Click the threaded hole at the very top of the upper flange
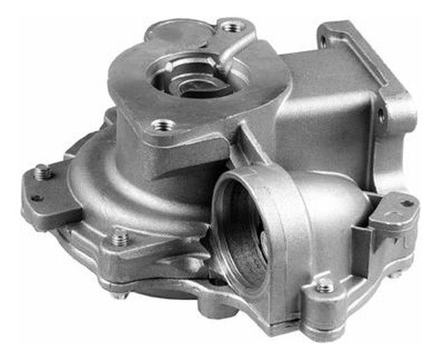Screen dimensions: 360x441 click(230, 26)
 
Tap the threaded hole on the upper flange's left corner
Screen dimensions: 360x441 click(162, 126)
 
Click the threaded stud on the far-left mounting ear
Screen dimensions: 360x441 click(41, 170)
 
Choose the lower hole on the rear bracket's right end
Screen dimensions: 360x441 click(383, 114)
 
